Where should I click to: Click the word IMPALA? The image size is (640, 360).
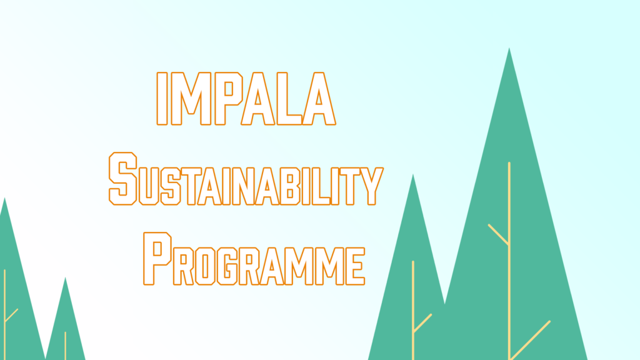(x=246, y=98)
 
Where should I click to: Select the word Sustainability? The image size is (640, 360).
(x=246, y=178)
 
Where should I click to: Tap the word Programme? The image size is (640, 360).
(x=254, y=259)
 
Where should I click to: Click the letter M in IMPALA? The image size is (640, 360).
(x=191, y=98)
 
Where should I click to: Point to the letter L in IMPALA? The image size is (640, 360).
(x=289, y=98)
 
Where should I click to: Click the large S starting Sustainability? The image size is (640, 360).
(x=123, y=178)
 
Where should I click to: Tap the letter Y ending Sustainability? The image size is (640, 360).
(x=371, y=186)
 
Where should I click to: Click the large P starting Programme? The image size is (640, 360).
(x=157, y=259)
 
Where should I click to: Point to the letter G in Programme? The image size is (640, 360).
(x=227, y=266)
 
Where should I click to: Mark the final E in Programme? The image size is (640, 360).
(x=355, y=266)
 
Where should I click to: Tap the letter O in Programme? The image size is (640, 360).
(x=205, y=266)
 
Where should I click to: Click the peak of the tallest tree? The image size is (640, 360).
(x=509, y=48)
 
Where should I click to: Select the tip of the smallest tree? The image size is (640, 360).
(x=65, y=277)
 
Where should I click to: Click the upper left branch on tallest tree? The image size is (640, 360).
(x=499, y=235)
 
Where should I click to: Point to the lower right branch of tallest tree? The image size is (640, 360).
(x=530, y=340)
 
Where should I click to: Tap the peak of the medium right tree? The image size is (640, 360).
(x=412, y=175)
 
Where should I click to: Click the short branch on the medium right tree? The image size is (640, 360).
(x=422, y=323)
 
